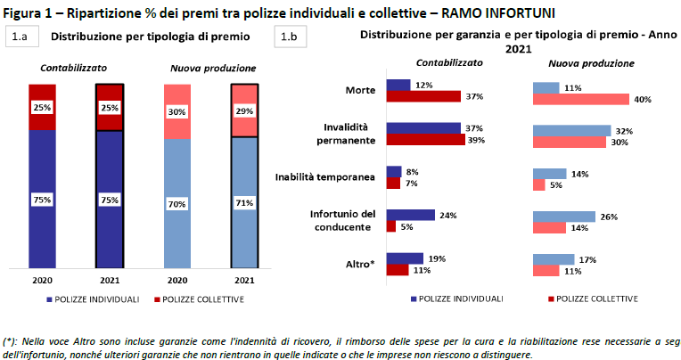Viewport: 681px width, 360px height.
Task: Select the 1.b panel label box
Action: [289, 37]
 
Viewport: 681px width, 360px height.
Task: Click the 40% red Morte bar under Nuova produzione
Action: [580, 99]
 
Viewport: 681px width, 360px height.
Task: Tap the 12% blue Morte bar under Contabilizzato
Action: [398, 85]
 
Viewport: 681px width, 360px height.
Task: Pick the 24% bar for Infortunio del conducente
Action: [410, 215]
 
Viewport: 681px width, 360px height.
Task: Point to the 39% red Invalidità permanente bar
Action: [425, 140]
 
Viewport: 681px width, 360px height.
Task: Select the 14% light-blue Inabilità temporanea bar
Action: [549, 174]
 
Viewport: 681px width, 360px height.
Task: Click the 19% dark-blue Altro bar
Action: [405, 258]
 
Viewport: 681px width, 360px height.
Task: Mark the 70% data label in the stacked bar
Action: [177, 204]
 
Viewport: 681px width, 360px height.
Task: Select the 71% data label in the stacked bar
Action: [245, 204]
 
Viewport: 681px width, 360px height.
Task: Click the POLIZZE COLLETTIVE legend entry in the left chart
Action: [200, 299]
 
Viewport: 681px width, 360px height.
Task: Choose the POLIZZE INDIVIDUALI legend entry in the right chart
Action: [456, 299]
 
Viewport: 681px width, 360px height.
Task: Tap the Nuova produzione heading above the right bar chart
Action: [591, 64]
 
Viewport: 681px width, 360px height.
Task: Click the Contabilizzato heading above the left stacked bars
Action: [73, 69]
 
